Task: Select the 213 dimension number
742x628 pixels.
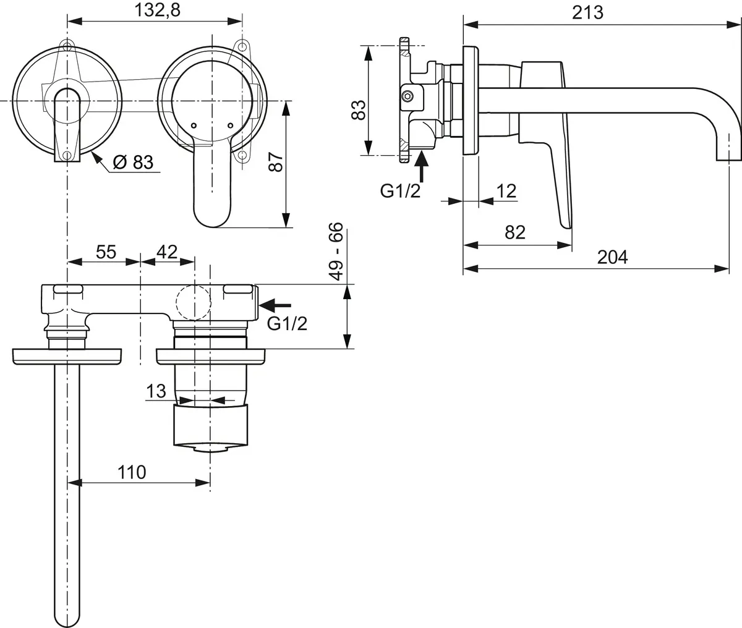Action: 587,12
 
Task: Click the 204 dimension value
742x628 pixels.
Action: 612,257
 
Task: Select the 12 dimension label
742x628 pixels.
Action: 506,190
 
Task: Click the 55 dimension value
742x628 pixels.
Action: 106,252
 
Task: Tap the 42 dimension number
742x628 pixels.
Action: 166,252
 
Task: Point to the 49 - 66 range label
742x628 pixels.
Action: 335,252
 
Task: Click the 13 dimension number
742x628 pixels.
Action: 157,391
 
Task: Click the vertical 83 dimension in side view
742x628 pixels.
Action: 358,110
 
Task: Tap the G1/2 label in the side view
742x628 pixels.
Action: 401,191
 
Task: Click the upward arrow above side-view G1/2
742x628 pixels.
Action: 422,164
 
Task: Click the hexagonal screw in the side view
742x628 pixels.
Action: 407,96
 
